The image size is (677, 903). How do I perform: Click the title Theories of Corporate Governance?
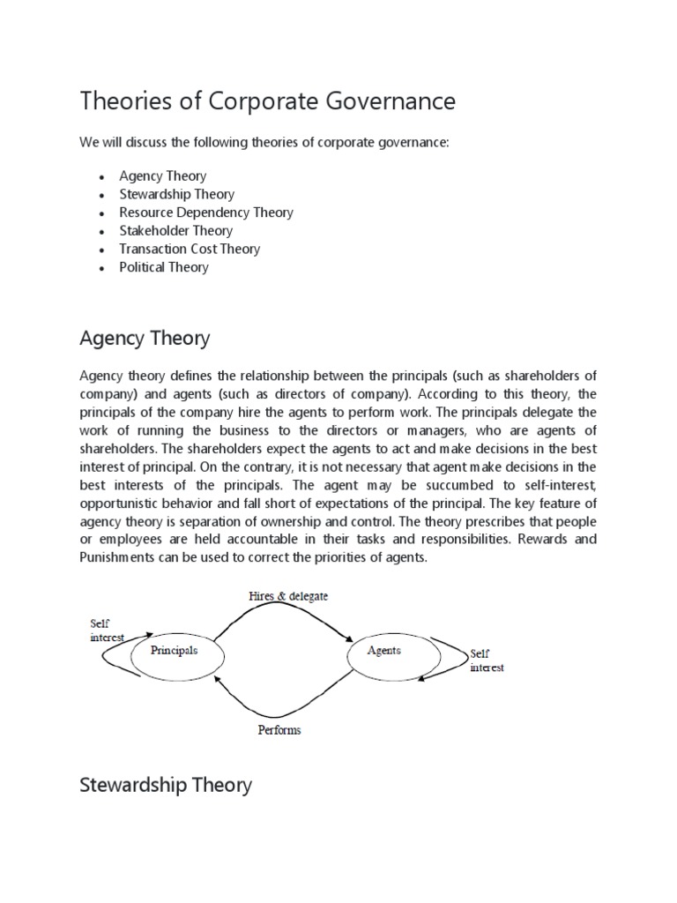pyautogui.click(x=268, y=101)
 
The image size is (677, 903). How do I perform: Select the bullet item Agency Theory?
pyautogui.click(x=163, y=175)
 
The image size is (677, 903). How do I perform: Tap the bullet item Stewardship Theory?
pyautogui.click(x=177, y=194)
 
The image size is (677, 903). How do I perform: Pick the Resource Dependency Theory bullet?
pyautogui.click(x=206, y=213)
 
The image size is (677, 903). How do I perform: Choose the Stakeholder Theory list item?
pyautogui.click(x=176, y=231)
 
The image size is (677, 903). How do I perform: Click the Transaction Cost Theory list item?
pyautogui.click(x=190, y=249)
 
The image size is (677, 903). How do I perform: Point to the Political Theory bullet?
pyautogui.click(x=164, y=267)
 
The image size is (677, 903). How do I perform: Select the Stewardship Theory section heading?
pyautogui.click(x=166, y=784)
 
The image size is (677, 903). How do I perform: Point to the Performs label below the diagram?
pyautogui.click(x=279, y=730)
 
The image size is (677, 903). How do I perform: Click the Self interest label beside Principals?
pyautogui.click(x=106, y=630)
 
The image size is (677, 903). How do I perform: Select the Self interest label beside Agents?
pyautogui.click(x=487, y=660)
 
